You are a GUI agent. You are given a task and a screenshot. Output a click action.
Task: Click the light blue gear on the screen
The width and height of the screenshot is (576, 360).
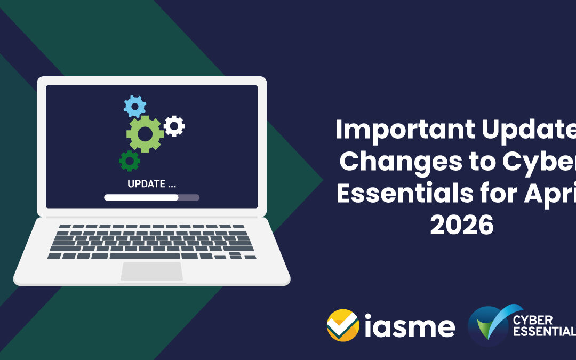[134, 106]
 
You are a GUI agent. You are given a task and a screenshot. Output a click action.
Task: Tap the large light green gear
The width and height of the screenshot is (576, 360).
[145, 134]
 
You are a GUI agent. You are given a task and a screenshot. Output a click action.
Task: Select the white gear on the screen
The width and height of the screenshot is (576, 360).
[174, 126]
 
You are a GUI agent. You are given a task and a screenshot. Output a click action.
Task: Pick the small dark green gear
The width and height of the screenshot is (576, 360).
[130, 160]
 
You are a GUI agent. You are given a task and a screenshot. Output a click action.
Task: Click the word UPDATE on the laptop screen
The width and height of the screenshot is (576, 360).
[144, 185]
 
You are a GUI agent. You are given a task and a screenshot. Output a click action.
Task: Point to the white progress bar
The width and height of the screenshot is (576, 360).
[141, 197]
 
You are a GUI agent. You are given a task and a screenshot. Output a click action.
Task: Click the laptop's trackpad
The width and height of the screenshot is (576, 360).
[152, 271]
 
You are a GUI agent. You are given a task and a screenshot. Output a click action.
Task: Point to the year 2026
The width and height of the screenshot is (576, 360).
[462, 225]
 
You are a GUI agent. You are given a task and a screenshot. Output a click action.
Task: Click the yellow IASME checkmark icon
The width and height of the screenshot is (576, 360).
[342, 325]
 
